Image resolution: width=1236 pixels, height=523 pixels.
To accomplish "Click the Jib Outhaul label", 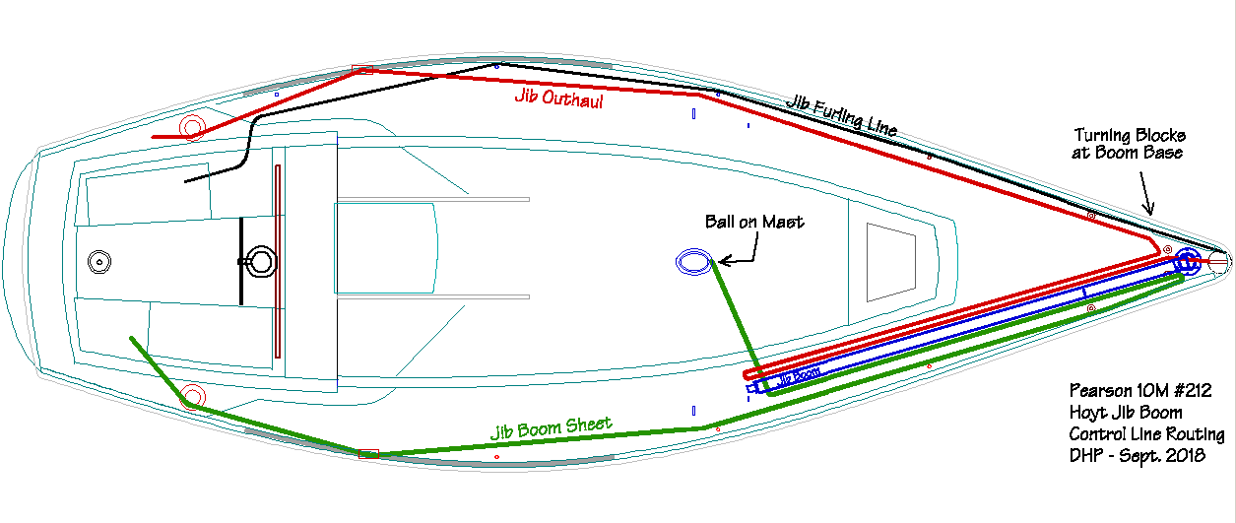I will click(558, 98).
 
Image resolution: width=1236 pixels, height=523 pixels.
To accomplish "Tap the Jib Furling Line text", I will click(842, 114).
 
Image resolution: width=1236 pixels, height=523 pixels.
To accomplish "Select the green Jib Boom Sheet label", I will click(552, 428).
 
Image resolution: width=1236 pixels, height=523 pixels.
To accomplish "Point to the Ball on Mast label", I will click(754, 222).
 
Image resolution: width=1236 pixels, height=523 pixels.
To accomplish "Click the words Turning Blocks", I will click(1130, 135).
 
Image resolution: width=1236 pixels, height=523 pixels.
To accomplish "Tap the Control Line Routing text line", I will click(1146, 434).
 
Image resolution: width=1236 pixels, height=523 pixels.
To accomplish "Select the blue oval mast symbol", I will click(693, 262).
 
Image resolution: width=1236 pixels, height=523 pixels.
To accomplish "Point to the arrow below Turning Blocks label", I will click(1144, 192).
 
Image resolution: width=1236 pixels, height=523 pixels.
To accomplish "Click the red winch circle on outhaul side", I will click(192, 126).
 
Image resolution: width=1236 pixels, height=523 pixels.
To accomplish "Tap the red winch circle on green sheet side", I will click(192, 397).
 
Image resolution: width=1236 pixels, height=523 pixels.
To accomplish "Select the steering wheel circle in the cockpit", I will click(262, 261).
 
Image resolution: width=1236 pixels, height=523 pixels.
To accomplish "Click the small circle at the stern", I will click(98, 261).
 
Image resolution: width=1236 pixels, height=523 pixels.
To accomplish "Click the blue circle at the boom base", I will click(1187, 262).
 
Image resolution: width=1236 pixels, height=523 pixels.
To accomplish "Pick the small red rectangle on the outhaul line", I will click(362, 70).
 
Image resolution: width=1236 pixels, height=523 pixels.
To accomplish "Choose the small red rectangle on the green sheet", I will click(368, 453).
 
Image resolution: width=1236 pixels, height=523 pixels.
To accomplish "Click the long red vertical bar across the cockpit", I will click(278, 261).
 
